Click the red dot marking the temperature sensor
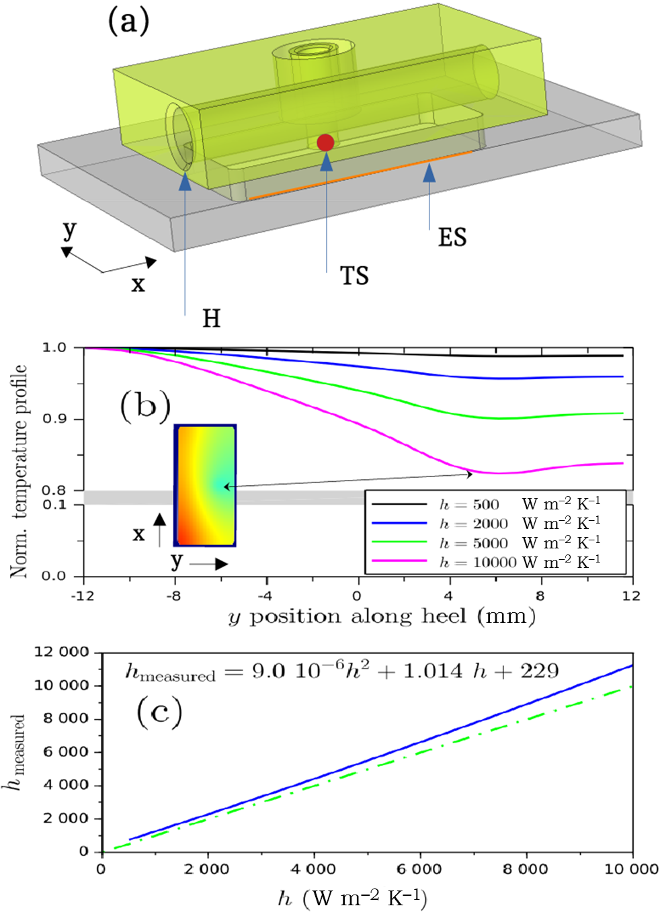(x=325, y=142)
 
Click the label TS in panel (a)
(x=354, y=276)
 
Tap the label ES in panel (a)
(x=452, y=237)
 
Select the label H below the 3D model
(x=211, y=319)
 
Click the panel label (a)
(x=128, y=22)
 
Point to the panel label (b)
(x=145, y=407)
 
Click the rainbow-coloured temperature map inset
(x=205, y=485)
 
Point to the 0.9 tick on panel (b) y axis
(x=54, y=419)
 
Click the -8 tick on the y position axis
(x=173, y=596)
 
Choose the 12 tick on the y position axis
(x=631, y=596)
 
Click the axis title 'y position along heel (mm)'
(x=382, y=617)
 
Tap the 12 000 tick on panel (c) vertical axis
(x=61, y=652)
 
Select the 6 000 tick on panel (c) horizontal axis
(x=419, y=870)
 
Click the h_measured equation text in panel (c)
(x=342, y=671)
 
